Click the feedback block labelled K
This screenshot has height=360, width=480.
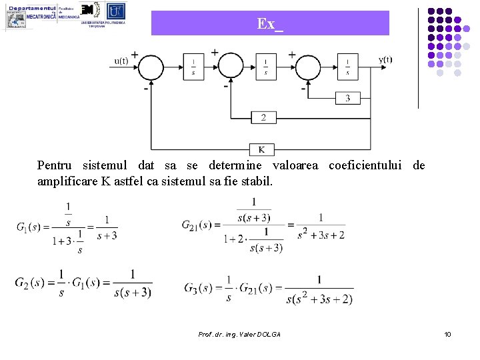[x=261, y=149]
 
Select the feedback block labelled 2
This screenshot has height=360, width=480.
[x=263, y=118]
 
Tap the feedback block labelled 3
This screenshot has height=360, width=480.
[x=347, y=98]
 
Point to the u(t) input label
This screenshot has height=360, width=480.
[x=122, y=61]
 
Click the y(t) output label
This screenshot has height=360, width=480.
[x=385, y=59]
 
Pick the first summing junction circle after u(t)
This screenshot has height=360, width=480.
[x=151, y=67]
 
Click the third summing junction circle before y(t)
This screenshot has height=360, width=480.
[x=308, y=67]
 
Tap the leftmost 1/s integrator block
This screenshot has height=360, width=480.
[x=193, y=67]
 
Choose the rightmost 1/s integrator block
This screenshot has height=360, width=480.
[x=347, y=67]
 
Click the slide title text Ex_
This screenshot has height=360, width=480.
[x=270, y=24]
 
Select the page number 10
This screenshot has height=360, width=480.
[x=447, y=333]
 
